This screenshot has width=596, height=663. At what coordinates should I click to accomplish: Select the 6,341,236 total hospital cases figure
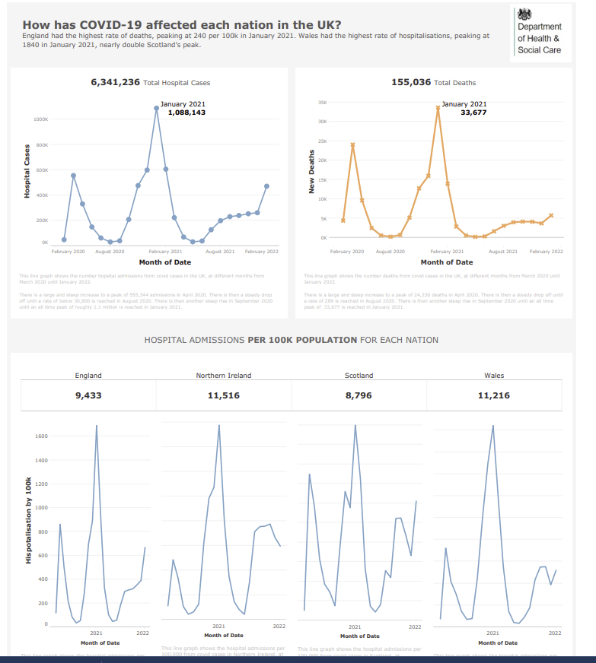pos(115,82)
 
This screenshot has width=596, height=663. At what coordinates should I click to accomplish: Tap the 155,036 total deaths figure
pos(411,82)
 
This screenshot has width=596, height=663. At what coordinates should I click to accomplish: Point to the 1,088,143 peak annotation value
pos(186,113)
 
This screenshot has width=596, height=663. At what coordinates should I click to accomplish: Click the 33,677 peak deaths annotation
pos(473,113)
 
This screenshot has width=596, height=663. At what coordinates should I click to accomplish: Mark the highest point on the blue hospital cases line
pos(156,108)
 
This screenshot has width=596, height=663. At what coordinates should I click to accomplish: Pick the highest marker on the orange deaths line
pos(438,108)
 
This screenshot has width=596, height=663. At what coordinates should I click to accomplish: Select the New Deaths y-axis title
pos(311,172)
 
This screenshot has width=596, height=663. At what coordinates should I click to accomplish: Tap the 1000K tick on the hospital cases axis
pos(41,119)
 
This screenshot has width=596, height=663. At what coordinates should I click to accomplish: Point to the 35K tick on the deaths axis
pos(322,102)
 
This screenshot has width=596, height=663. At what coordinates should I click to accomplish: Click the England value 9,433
pos(88,395)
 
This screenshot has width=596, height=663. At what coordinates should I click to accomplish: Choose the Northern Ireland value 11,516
pos(224,395)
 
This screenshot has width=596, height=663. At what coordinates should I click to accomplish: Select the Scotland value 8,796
pos(359,395)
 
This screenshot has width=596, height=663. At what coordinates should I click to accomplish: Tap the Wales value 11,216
pos(494,395)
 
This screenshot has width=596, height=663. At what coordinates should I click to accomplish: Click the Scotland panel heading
pos(359,376)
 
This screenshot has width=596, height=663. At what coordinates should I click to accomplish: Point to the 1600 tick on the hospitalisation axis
pos(41,436)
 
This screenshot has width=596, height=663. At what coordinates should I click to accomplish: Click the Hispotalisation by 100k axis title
pos(28,521)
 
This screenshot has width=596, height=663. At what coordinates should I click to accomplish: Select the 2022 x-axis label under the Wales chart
pos(555,633)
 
